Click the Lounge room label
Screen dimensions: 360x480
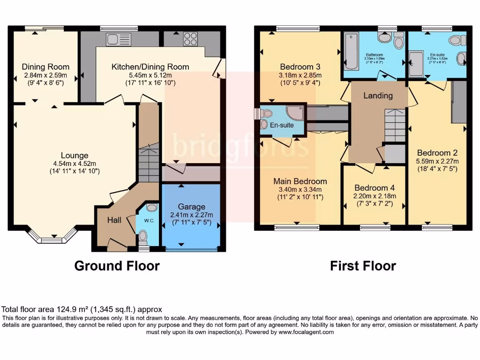(x=75, y=155)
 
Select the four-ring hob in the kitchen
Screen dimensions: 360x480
(x=190, y=39)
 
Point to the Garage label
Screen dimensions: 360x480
(x=191, y=206)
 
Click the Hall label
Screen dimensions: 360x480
(x=115, y=220)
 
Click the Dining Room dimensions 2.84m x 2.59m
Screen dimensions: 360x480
(x=45, y=75)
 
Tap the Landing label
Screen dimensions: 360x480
(x=378, y=96)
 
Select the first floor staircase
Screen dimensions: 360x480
(x=395, y=124)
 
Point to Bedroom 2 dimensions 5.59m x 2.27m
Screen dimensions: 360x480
(x=437, y=161)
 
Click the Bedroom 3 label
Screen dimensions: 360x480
(x=300, y=66)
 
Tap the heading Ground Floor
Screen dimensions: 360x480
(x=117, y=266)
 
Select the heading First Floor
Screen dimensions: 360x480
(x=363, y=266)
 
